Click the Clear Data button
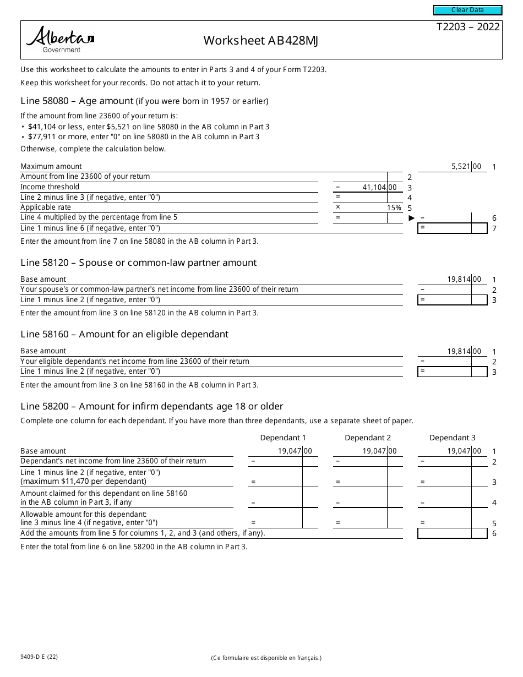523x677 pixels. (x=467, y=10)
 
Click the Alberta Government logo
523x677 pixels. (x=60, y=40)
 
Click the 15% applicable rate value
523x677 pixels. (x=394, y=208)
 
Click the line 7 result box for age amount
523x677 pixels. (x=452, y=228)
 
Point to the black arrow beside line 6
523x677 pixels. (x=411, y=218)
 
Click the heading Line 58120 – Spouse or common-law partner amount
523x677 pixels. (x=138, y=263)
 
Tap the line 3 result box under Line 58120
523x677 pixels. (x=452, y=300)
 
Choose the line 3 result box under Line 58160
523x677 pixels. (x=452, y=372)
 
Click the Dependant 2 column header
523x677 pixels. (x=368, y=438)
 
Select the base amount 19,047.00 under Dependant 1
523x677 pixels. (x=295, y=451)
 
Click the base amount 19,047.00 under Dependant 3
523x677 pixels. (x=464, y=451)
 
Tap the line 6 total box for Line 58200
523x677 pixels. (x=452, y=533)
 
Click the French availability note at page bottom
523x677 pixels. (x=266, y=658)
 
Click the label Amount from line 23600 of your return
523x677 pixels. (x=85, y=177)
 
